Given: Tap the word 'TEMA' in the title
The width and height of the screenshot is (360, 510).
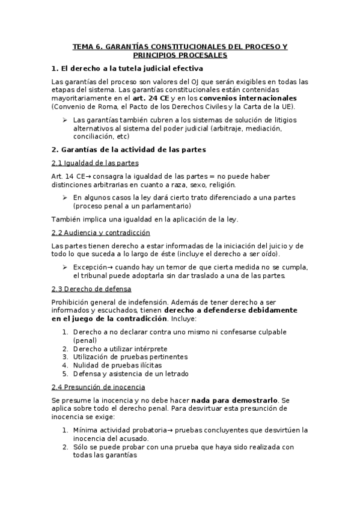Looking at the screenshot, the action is [83, 46].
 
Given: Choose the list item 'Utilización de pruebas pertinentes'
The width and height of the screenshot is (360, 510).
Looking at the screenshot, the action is [130, 357].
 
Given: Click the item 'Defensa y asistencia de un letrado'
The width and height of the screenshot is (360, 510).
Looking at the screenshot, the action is [130, 373].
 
